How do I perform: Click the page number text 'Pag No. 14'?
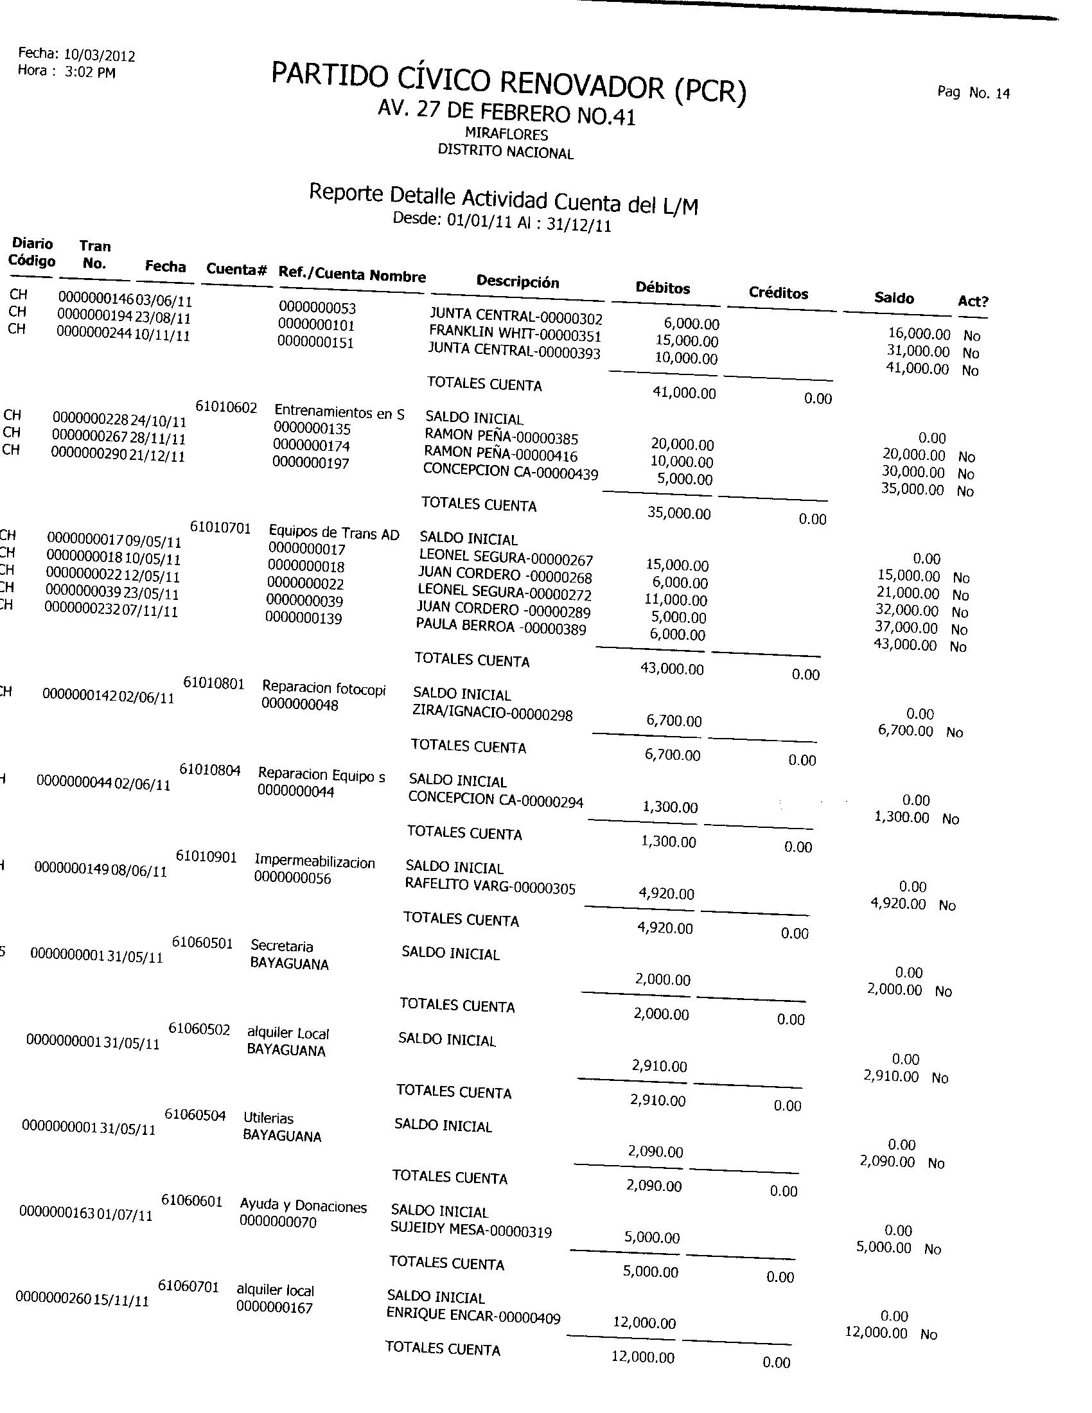(973, 92)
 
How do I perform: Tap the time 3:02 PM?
(91, 73)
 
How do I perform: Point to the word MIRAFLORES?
(507, 134)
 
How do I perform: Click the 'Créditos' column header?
(779, 293)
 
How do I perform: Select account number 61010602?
(226, 408)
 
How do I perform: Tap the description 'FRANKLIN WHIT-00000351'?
(515, 335)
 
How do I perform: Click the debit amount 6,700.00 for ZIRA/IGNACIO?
(673, 721)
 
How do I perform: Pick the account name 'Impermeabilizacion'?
(314, 863)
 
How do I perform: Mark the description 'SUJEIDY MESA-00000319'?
(471, 1231)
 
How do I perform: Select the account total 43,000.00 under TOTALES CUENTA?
(671, 669)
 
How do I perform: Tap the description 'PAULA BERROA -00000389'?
(501, 627)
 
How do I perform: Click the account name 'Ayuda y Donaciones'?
(303, 1206)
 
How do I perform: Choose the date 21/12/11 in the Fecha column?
(157, 456)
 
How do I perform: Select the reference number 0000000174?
(311, 446)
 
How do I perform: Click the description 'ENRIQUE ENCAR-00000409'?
(473, 1315)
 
